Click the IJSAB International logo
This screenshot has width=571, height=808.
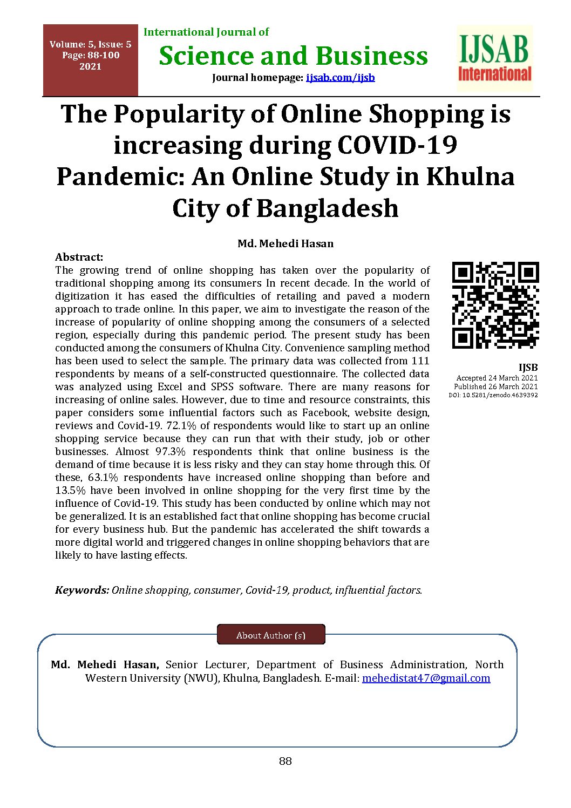pos(494,58)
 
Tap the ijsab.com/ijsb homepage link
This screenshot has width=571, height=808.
pos(340,78)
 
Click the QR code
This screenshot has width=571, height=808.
pos(495,305)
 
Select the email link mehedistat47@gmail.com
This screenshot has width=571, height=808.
pos(426,678)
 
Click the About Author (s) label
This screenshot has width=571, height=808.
pos(271,635)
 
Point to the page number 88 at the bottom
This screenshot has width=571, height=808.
pos(285,762)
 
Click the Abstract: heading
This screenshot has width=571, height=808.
pos(79,257)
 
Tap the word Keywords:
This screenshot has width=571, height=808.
pos(82,590)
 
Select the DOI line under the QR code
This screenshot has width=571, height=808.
pos(493,395)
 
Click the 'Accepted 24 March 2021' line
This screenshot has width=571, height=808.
pos(497,378)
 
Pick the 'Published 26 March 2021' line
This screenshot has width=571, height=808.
pos(496,386)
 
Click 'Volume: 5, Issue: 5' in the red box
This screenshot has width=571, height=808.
pos(90,45)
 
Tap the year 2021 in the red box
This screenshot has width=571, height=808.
pos(90,67)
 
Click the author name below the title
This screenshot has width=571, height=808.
pos(285,243)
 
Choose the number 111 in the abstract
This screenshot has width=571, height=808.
pos(420,361)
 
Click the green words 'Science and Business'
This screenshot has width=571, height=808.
pos(293,56)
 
